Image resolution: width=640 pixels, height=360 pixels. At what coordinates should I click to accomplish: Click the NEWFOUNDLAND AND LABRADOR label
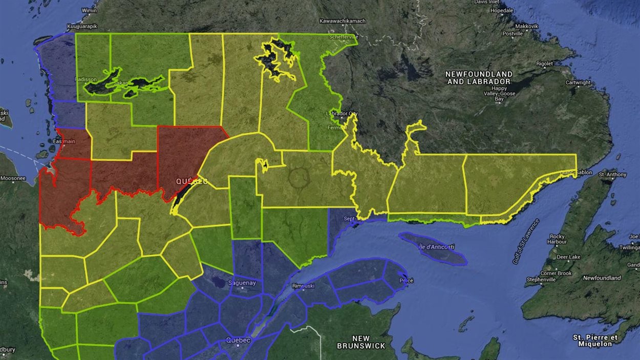(478, 78)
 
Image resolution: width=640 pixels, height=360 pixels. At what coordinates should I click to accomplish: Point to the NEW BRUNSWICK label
(361, 342)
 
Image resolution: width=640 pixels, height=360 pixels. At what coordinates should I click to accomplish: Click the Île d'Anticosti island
(433, 248)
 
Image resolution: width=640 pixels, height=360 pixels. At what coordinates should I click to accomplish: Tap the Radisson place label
(82, 79)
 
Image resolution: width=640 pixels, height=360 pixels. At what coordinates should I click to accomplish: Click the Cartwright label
(578, 82)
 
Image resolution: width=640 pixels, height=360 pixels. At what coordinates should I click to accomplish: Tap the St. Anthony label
(612, 175)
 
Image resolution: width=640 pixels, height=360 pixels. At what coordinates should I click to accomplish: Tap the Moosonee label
(13, 179)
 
